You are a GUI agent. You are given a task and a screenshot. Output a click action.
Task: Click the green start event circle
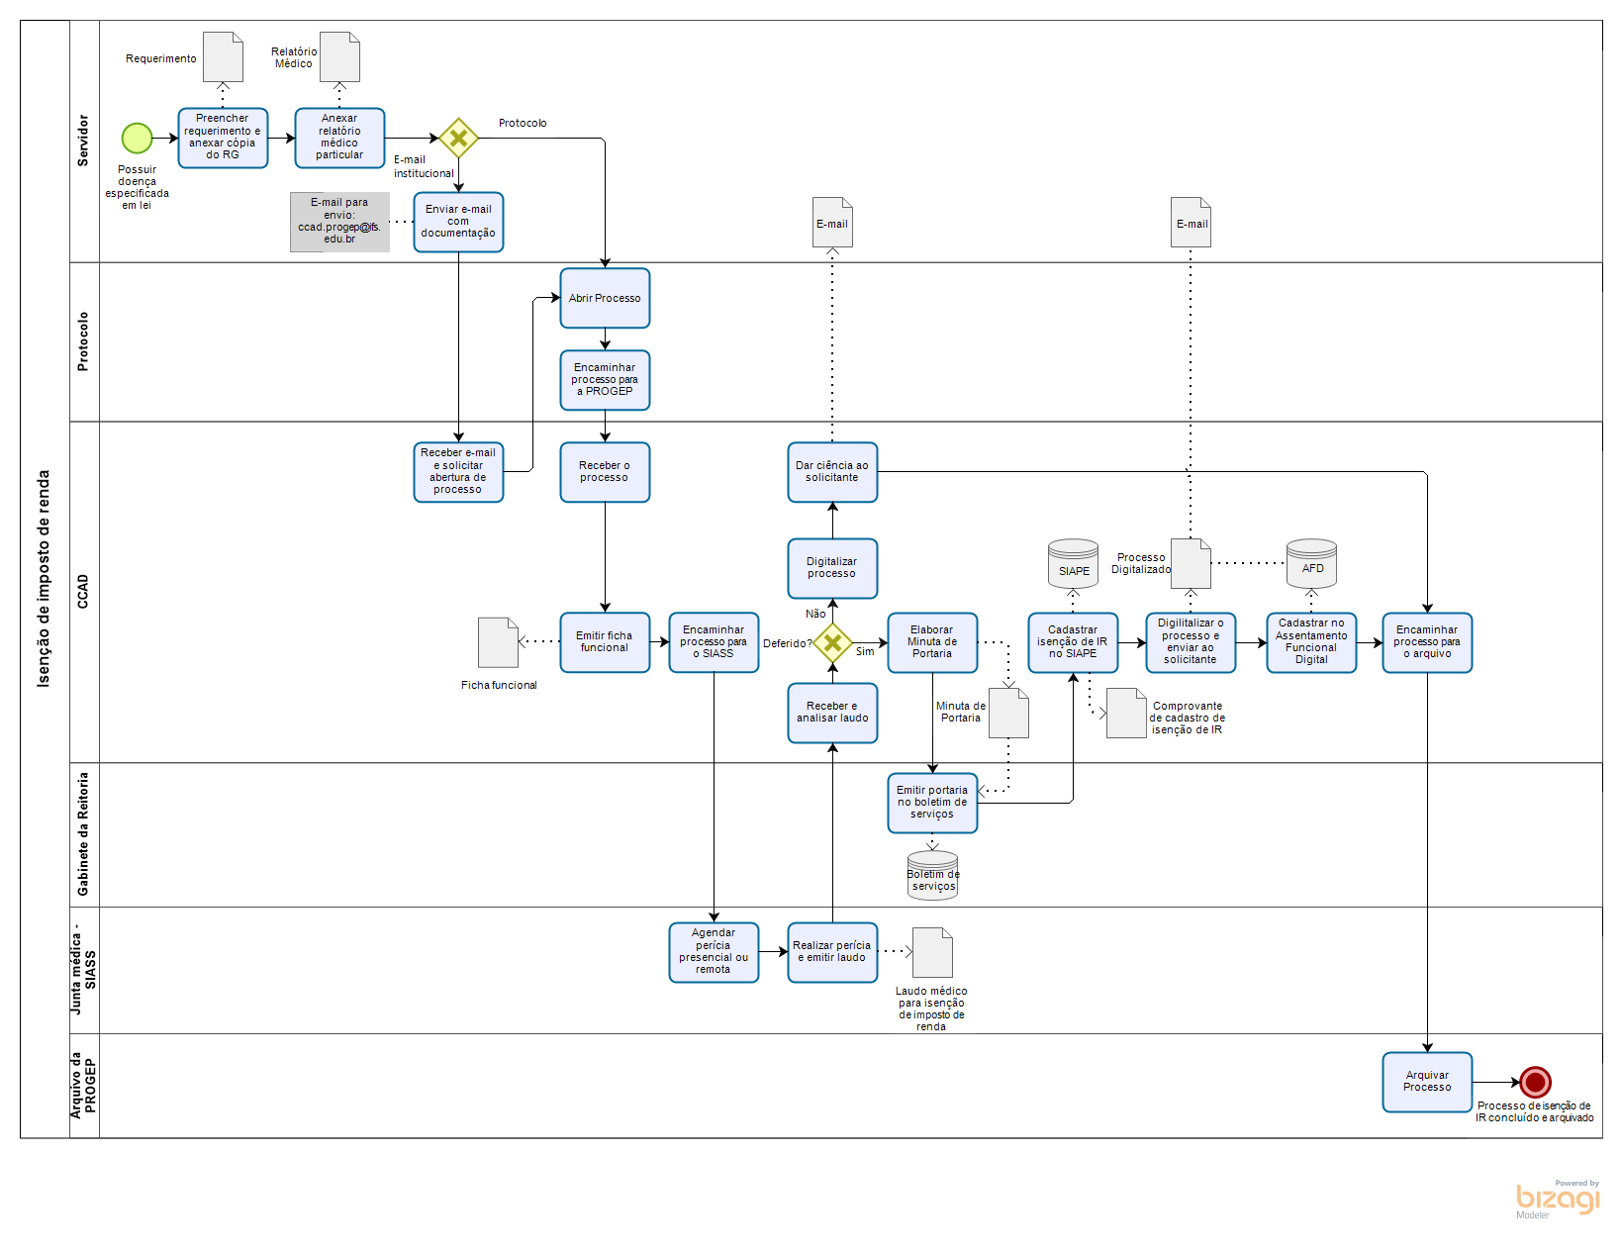tap(137, 138)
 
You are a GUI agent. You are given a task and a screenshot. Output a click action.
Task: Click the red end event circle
tap(1535, 1082)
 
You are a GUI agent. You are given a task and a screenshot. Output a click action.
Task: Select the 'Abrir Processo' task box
tap(605, 298)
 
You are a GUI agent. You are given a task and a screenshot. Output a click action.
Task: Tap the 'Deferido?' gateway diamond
tap(832, 643)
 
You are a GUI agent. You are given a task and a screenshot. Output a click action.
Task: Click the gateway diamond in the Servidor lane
tap(458, 139)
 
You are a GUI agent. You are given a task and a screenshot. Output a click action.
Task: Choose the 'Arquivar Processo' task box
tap(1427, 1082)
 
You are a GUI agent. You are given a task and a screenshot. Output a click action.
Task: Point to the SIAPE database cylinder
tap(1073, 564)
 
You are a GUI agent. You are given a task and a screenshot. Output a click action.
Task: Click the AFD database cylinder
tap(1311, 563)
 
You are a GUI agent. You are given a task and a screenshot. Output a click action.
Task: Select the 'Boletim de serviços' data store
tap(932, 876)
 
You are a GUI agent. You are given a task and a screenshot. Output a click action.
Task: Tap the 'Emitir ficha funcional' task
tap(605, 642)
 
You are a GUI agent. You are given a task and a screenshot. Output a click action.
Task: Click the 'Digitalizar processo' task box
tap(832, 568)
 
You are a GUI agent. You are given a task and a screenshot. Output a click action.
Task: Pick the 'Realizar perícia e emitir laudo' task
tap(832, 952)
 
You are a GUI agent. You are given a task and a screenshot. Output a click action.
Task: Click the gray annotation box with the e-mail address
tap(339, 222)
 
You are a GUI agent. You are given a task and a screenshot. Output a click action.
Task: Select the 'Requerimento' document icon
tap(223, 56)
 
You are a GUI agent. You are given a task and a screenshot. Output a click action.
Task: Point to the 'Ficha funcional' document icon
tap(498, 642)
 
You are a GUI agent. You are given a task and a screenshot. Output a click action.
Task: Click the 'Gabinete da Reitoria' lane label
tap(84, 834)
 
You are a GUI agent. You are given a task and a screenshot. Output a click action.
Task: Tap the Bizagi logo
tap(1557, 1199)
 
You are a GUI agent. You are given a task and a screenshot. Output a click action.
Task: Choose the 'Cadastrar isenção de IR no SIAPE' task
tap(1073, 642)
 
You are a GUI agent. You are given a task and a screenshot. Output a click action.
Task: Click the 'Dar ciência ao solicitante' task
tap(832, 472)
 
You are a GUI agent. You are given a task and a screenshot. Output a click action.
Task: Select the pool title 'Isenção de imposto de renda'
tap(45, 579)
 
